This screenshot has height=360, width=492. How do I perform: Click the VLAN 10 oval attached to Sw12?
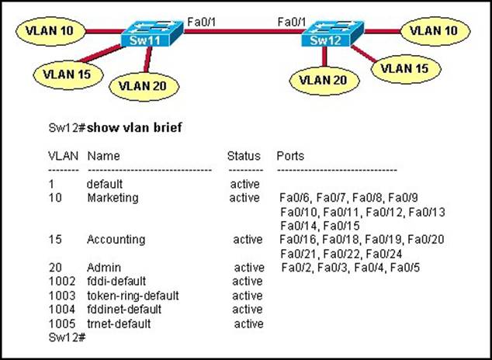click(432, 31)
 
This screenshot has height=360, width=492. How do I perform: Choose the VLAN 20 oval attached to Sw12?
click(324, 79)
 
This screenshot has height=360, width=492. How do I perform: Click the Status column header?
click(243, 156)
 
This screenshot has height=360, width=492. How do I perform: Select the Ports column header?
click(290, 156)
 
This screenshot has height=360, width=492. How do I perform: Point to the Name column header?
click(103, 156)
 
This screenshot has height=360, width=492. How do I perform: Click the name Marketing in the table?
click(113, 198)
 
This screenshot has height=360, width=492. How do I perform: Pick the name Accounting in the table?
click(116, 239)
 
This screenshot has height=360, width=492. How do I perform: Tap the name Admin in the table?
click(102, 267)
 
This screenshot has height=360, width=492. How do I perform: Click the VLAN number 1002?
click(61, 281)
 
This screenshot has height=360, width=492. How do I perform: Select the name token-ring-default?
click(133, 295)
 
